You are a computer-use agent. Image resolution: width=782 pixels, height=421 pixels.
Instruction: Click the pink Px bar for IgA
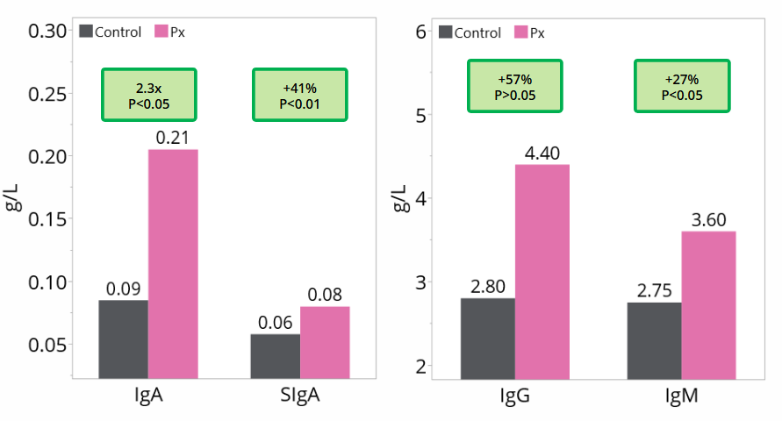pos(173,263)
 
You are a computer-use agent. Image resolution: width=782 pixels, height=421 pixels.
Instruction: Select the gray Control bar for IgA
pos(123,339)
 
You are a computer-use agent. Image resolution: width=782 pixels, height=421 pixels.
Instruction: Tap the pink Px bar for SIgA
pos(325,342)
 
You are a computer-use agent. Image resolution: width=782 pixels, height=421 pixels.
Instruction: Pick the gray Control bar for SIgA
pos(275,356)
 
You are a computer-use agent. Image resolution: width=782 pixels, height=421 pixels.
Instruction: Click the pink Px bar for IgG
pos(542,272)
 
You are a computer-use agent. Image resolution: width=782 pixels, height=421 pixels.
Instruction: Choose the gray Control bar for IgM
pos(654,340)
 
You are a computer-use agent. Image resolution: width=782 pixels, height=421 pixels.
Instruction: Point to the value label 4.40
pos(542,152)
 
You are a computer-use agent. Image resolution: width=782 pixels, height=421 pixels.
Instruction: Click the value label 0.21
pos(173,138)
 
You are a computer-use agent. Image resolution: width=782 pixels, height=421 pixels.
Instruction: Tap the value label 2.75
pos(654,289)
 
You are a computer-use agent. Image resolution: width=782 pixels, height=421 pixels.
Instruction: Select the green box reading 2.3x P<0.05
pos(149,95)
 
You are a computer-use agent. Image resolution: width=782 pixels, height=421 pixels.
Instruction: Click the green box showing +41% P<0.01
pos(300,95)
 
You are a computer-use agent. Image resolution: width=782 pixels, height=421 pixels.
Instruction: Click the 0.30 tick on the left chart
pos(47,32)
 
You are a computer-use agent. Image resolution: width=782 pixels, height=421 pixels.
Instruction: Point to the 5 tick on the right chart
pos(420,115)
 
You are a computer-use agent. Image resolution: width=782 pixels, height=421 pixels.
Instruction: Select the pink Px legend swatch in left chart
pos(161,32)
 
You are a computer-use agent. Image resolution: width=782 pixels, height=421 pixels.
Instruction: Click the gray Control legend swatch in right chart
pos(443,32)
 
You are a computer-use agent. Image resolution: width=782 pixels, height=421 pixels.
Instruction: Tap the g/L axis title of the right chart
pos(399,198)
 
